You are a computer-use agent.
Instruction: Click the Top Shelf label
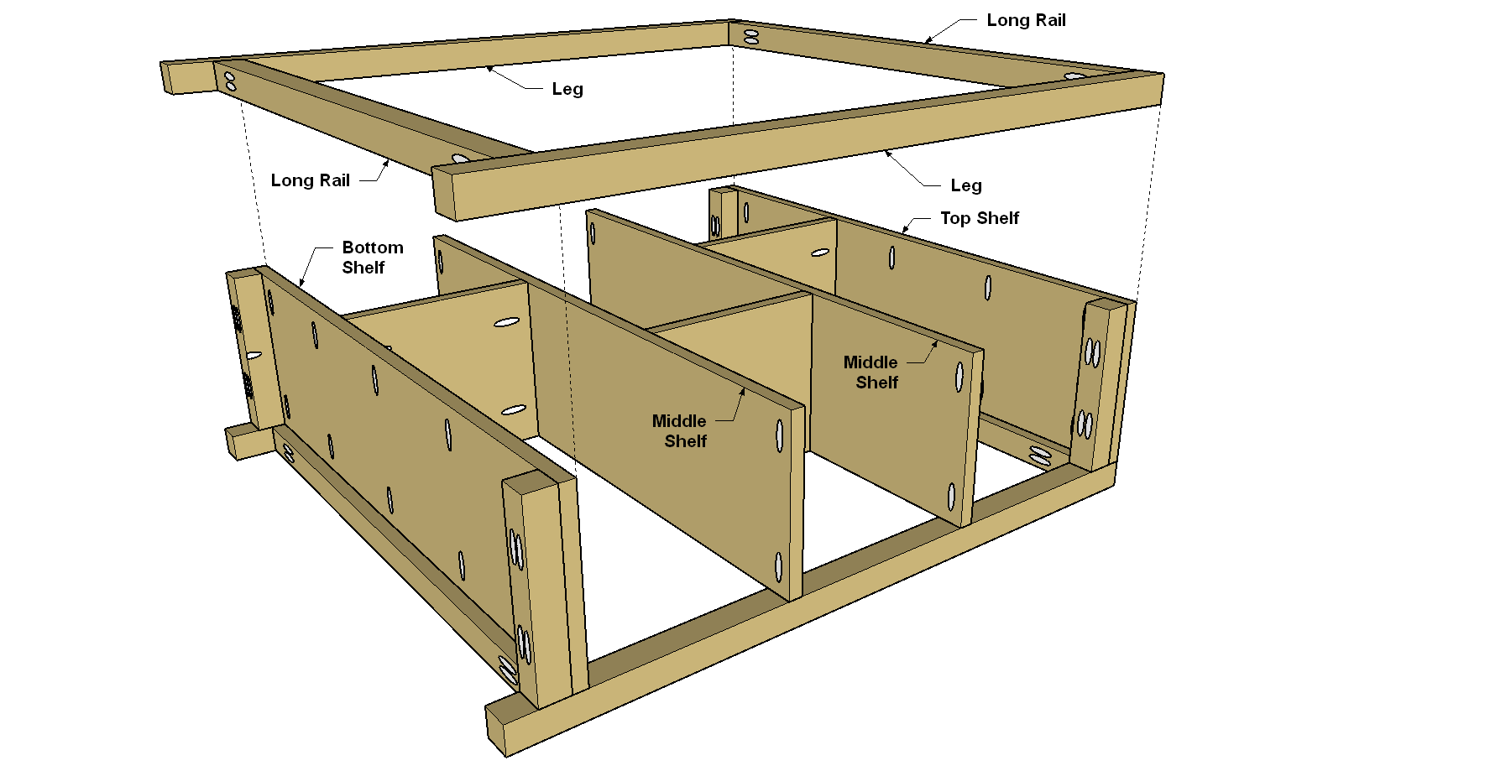(979, 218)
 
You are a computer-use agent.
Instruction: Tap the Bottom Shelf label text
(373, 258)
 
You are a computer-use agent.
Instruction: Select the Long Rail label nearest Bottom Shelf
(310, 180)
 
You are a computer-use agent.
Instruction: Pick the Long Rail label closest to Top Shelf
(1026, 20)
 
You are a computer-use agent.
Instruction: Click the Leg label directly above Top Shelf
(966, 185)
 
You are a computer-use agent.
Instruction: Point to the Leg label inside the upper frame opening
(567, 89)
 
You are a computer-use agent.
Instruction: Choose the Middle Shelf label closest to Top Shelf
(871, 372)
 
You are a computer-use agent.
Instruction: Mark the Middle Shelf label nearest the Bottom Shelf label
(680, 431)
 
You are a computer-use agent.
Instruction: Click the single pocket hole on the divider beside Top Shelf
(820, 252)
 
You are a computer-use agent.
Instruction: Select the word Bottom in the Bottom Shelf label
(373, 247)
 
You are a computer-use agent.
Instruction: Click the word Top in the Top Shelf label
(955, 218)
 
